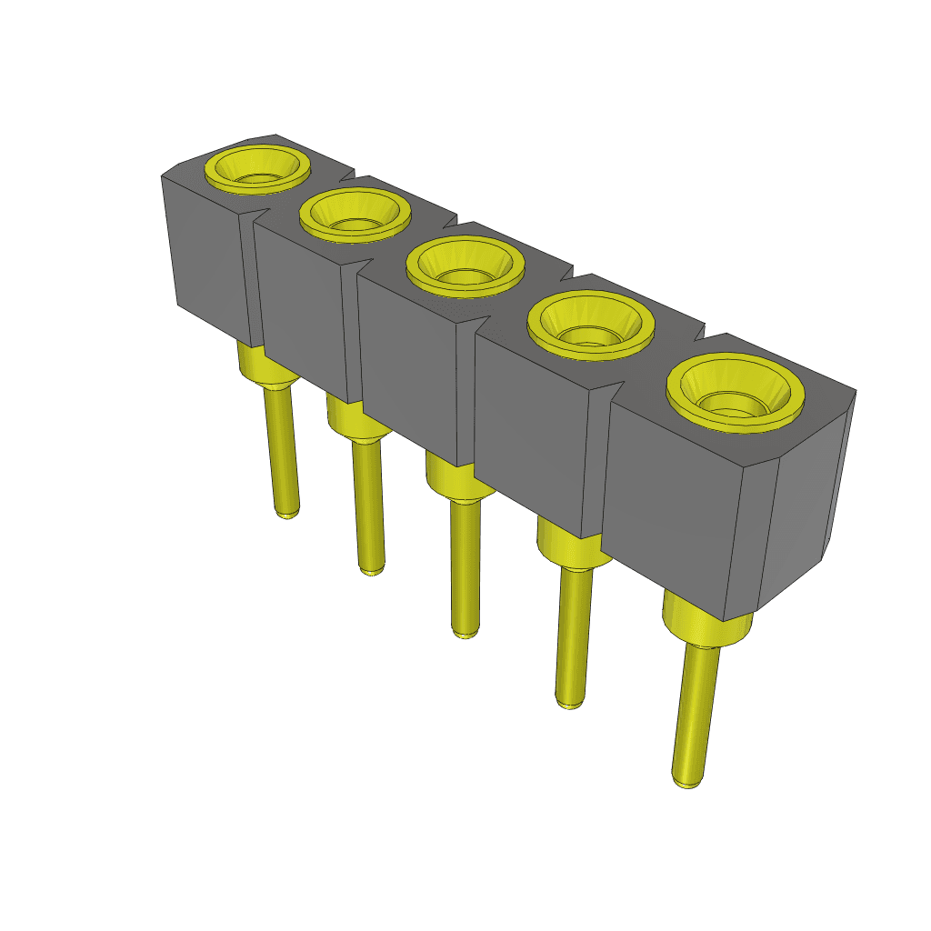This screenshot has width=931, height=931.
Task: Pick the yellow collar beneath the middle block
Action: tap(455, 480)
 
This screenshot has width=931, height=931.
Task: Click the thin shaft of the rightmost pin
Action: tap(696, 705)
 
